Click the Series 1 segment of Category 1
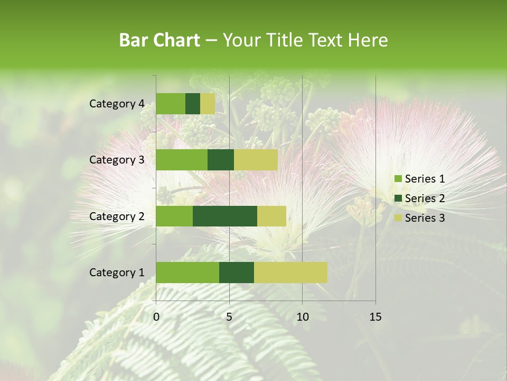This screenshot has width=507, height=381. (187, 273)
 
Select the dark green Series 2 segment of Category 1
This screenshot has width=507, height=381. (236, 273)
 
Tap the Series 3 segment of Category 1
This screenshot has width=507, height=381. (290, 273)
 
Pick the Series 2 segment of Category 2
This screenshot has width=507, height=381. (224, 216)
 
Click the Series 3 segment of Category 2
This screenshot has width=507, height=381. (271, 216)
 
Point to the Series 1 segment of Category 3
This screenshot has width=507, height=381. (181, 160)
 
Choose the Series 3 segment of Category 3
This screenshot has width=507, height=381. (256, 160)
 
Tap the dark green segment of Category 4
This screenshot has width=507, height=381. (192, 104)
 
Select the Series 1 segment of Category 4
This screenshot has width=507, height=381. (170, 104)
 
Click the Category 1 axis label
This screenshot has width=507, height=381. (116, 273)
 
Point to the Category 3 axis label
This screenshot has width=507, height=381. (116, 160)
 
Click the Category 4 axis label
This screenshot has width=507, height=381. (116, 104)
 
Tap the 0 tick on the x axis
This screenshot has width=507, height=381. (156, 317)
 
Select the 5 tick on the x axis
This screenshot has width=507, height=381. (229, 317)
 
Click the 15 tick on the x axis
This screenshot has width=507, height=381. (375, 317)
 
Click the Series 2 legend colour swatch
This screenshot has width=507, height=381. (398, 198)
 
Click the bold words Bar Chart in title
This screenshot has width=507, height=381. (159, 40)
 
